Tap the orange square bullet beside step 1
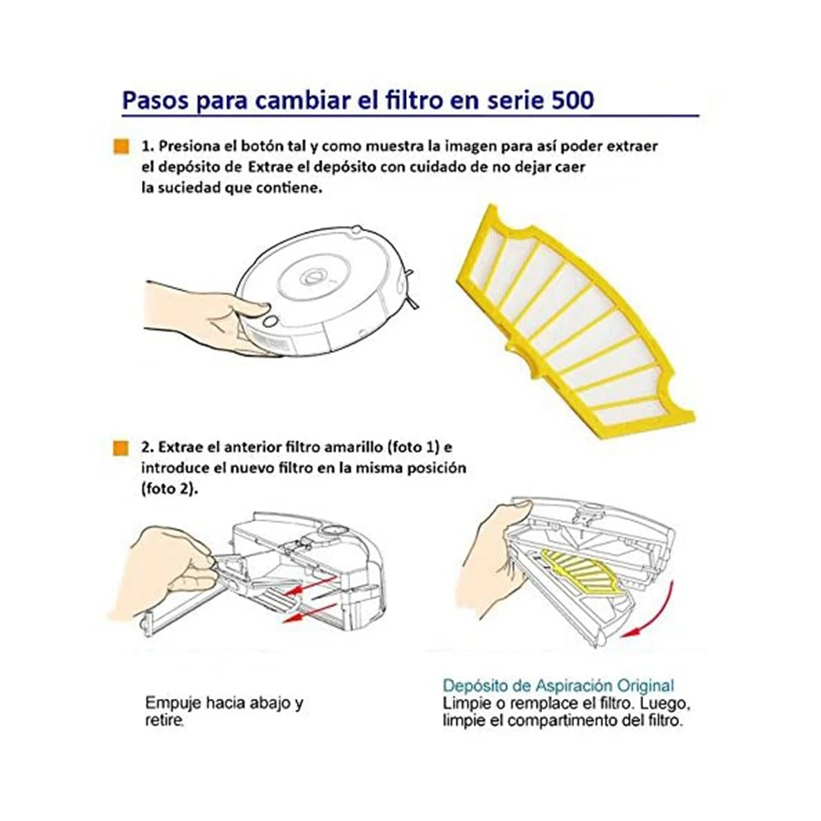click(x=120, y=147)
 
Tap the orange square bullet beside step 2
click(x=120, y=448)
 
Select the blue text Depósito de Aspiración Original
click(x=559, y=685)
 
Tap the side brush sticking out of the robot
click(x=416, y=303)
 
